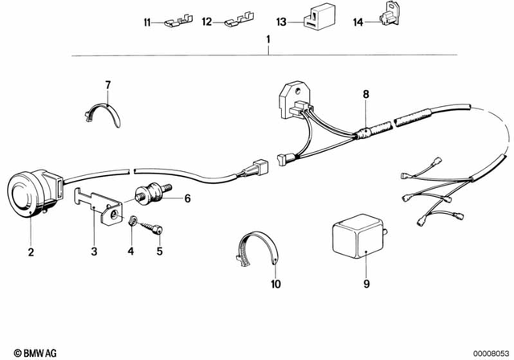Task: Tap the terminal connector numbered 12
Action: (x=238, y=22)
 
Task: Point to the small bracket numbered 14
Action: (x=390, y=21)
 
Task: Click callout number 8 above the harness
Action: (x=365, y=95)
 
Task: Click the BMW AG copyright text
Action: (x=24, y=352)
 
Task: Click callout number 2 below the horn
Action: (x=31, y=251)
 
